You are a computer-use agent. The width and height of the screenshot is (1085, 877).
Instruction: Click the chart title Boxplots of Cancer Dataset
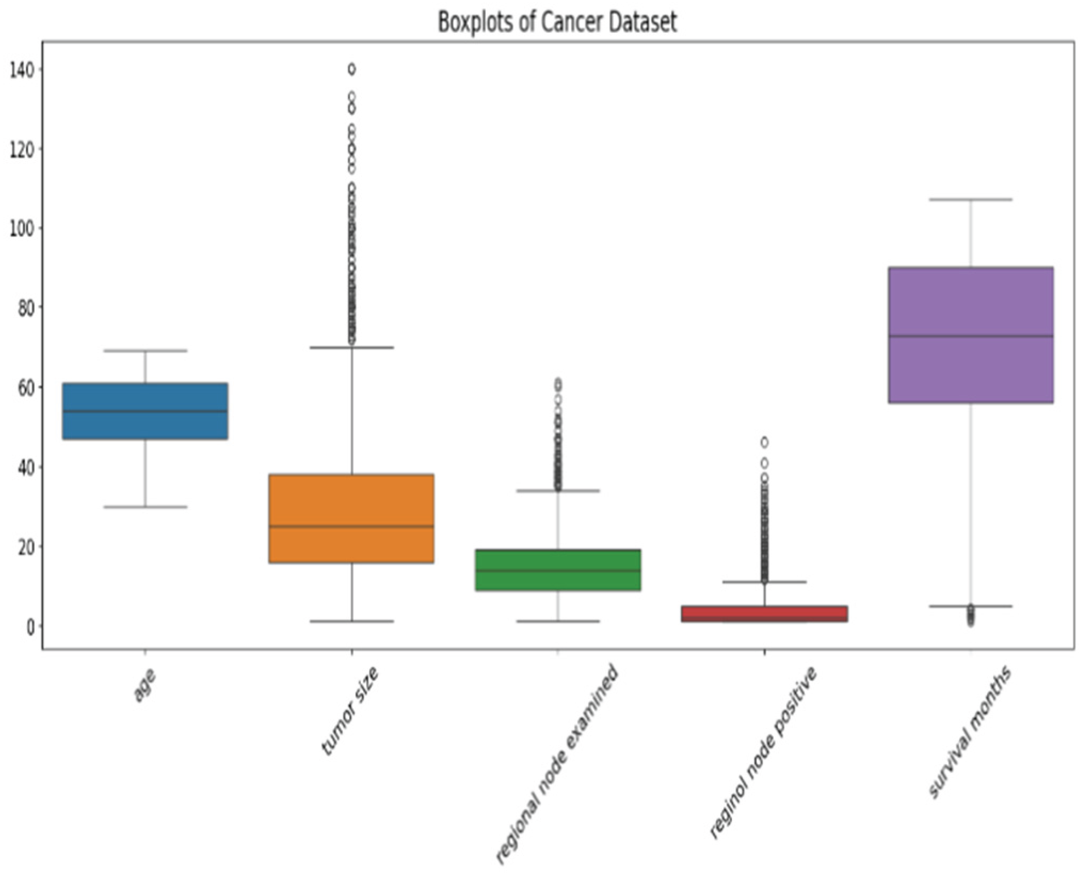(558, 22)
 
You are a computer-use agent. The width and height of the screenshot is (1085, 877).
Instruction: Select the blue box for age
(145, 411)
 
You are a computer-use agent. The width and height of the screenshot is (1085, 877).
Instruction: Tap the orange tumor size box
(352, 519)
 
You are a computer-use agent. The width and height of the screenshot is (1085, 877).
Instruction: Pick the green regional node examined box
(558, 570)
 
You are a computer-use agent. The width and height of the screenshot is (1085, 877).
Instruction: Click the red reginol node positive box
(764, 614)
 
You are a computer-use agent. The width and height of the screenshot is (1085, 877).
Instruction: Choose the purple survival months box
(971, 335)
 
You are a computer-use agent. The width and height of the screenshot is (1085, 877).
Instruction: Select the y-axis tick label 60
(26, 388)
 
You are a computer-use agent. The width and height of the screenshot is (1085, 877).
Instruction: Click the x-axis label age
(145, 685)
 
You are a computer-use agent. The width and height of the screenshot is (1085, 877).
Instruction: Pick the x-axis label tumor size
(350, 711)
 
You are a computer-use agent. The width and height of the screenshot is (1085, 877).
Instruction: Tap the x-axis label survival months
(971, 732)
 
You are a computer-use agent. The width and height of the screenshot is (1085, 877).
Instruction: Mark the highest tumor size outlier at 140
(352, 69)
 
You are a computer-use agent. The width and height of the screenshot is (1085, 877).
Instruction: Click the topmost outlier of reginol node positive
(764, 442)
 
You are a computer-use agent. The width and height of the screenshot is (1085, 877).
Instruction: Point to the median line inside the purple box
(971, 336)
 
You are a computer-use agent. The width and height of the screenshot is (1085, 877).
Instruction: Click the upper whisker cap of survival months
(971, 200)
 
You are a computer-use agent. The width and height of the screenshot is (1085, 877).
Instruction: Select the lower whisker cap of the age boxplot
(145, 507)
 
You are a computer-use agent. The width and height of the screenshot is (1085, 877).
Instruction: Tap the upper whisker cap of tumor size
(352, 348)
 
